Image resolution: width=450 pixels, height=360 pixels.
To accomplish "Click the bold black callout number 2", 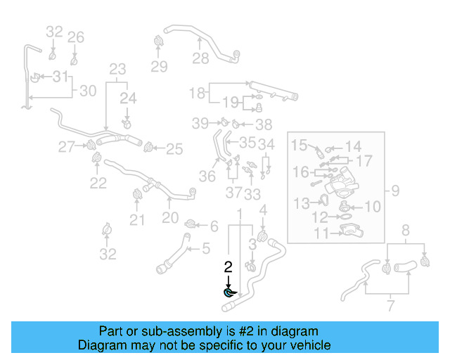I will [227, 267].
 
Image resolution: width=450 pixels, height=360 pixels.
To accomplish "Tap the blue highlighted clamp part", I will [229, 292].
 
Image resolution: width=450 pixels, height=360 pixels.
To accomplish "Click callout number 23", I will [117, 69].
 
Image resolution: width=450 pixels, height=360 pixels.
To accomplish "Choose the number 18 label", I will [197, 92].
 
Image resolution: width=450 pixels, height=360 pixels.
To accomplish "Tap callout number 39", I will [201, 123].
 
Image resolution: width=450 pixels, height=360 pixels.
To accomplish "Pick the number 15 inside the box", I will [300, 146].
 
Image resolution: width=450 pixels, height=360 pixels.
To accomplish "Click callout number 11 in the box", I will [302, 233].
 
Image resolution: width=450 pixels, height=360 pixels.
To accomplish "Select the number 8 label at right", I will [405, 230].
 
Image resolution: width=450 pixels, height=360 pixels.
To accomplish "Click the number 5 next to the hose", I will [206, 247].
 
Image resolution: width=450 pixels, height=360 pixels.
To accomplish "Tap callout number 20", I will [170, 218].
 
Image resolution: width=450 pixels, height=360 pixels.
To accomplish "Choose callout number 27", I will [67, 147].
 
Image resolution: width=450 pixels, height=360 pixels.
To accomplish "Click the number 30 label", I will [87, 91].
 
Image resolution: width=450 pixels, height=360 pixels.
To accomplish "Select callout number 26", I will [76, 37].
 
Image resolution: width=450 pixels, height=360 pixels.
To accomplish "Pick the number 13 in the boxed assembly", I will [301, 203].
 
